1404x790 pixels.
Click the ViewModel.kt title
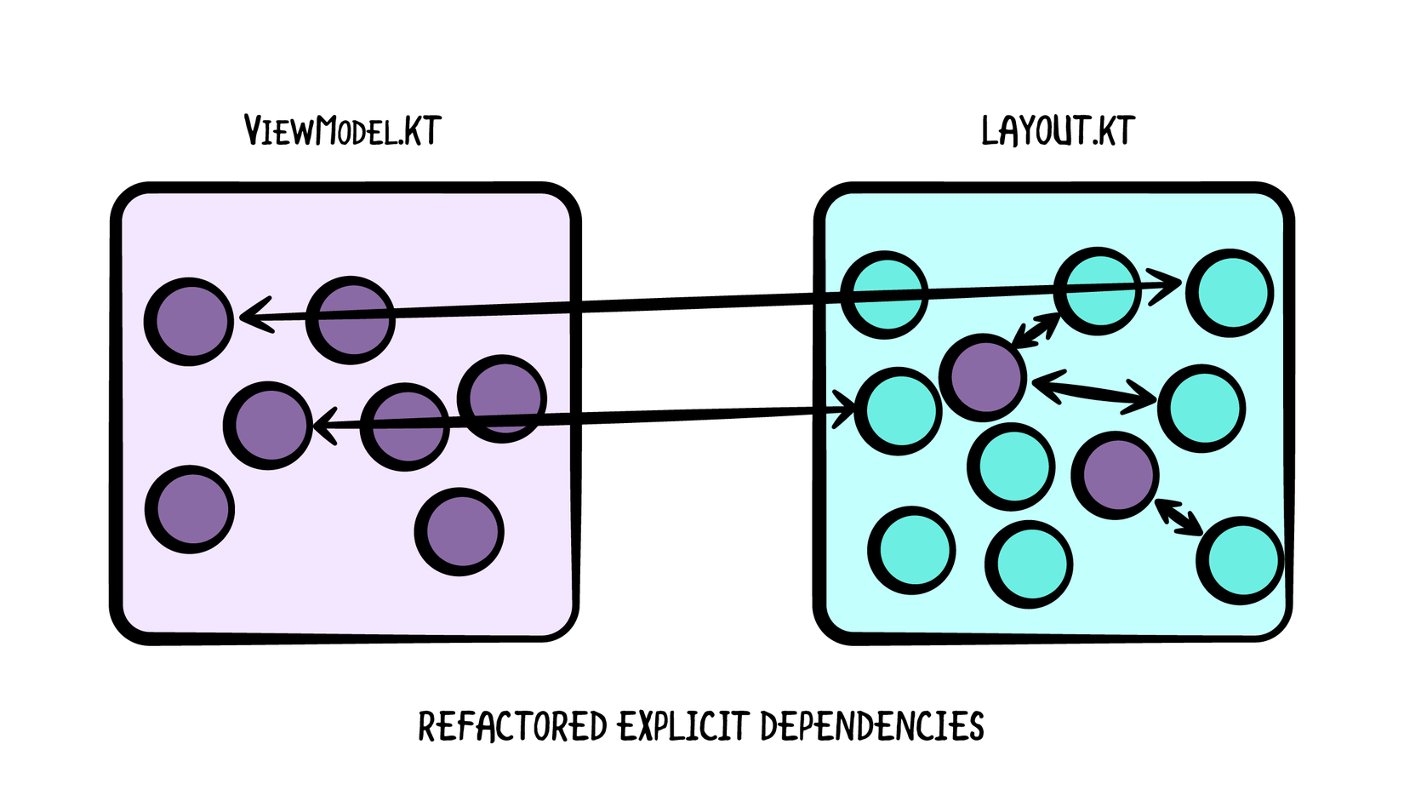pyautogui.click(x=342, y=131)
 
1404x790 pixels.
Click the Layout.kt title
pyautogui.click(x=1057, y=131)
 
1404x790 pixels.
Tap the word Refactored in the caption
pyautogui.click(x=512, y=726)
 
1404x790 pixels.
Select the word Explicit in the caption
pyautogui.click(x=682, y=726)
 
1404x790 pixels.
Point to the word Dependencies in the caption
pyautogui.click(x=872, y=726)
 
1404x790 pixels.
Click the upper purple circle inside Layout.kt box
pyautogui.click(x=984, y=377)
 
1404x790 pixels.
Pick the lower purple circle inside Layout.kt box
pyautogui.click(x=1115, y=475)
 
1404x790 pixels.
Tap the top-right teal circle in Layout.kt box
pyautogui.click(x=1230, y=293)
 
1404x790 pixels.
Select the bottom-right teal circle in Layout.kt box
pyautogui.click(x=1240, y=560)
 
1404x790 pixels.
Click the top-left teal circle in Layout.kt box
pyautogui.click(x=884, y=295)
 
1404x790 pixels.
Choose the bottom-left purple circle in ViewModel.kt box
pyautogui.click(x=190, y=509)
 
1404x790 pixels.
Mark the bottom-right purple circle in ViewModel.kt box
pyautogui.click(x=459, y=531)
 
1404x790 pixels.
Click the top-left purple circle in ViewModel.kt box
pyautogui.click(x=189, y=322)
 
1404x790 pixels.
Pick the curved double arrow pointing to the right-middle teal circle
pyautogui.click(x=1094, y=391)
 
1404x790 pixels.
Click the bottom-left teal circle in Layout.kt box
pyautogui.click(x=911, y=550)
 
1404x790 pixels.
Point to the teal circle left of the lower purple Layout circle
pyautogui.click(x=1011, y=467)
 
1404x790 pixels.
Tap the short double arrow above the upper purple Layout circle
pyautogui.click(x=1036, y=329)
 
